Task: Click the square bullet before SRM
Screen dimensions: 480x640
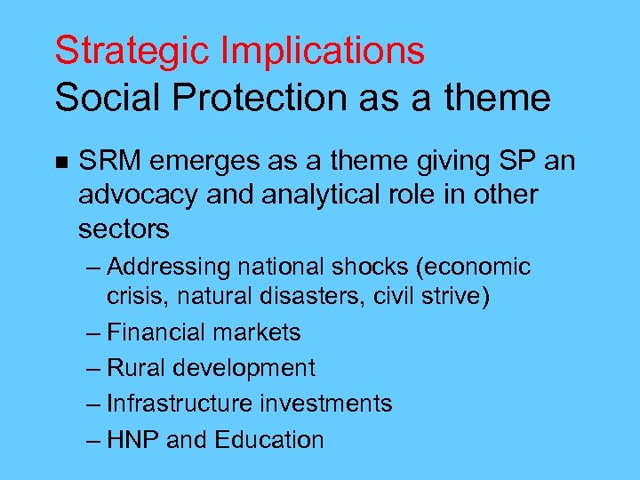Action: (60, 163)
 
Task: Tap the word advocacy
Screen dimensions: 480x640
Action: (139, 195)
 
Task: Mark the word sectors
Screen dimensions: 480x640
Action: (124, 228)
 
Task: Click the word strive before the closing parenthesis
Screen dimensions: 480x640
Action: (448, 296)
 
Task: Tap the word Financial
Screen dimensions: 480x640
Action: (153, 332)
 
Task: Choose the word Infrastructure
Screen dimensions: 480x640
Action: (180, 404)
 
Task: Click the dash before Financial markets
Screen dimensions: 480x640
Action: (93, 333)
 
